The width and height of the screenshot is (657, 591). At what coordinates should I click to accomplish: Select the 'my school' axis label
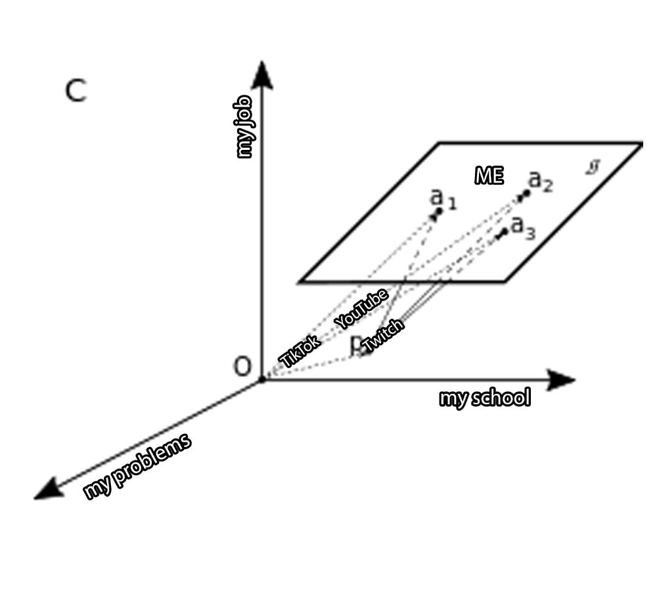[x=484, y=398]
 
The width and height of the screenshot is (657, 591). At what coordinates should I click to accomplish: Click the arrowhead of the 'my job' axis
[x=263, y=74]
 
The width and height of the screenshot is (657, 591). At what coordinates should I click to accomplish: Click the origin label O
[x=242, y=367]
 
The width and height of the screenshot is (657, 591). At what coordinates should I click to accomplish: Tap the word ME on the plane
[x=489, y=176]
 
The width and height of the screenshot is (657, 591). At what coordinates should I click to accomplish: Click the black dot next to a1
[x=438, y=212]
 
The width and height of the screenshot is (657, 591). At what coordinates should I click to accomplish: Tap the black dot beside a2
[x=525, y=194]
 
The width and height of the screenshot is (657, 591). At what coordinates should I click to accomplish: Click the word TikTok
[x=300, y=351]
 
